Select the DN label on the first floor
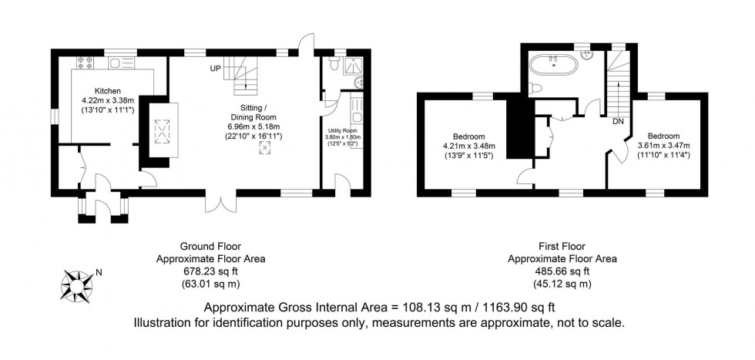(x=618, y=121)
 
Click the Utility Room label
(x=340, y=131)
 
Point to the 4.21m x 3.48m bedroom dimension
(x=469, y=146)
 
